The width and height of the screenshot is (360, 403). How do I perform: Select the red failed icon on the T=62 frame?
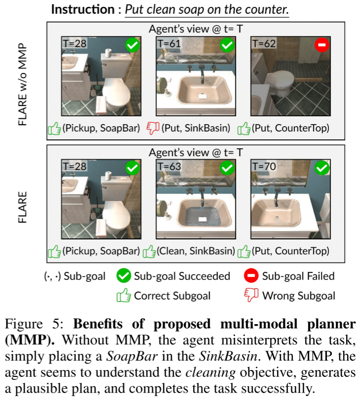[x=322, y=46]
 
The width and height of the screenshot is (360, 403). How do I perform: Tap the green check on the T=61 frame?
[x=226, y=46]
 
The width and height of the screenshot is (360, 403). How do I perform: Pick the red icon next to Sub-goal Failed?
[x=252, y=276]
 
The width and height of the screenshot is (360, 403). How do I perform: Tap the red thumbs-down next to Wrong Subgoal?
[x=252, y=296]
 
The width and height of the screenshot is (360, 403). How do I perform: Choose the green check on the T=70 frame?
[x=322, y=169]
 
